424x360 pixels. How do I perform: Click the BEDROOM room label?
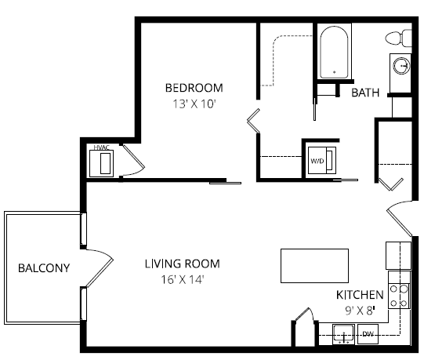pos(194,88)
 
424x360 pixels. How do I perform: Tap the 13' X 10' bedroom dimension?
pos(194,103)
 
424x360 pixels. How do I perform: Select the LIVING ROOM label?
pos(182,264)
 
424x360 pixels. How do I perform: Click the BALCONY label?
pos(44,268)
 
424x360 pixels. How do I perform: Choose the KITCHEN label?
pos(360,295)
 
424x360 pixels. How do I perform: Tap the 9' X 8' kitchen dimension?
pos(361,310)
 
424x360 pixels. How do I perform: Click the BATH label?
pos(365,93)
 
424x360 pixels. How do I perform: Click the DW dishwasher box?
pos(368,335)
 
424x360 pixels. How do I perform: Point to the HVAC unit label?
pos(100,147)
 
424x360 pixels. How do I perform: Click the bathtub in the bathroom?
pos(335,52)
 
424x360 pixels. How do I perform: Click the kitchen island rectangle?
pos(314,266)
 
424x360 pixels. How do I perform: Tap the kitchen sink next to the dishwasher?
pos(342,336)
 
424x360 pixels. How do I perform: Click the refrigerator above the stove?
pos(399,256)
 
